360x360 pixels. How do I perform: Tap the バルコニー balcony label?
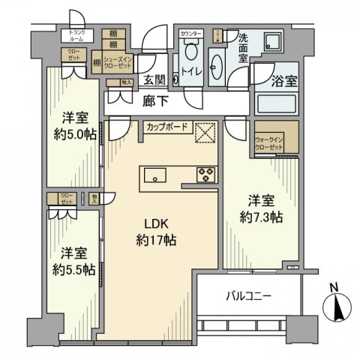[248, 296]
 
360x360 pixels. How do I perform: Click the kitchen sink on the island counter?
[158, 176]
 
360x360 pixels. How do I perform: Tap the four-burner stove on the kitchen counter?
[205, 175]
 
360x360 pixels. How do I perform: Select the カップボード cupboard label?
[166, 127]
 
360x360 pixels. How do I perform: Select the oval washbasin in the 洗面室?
[219, 66]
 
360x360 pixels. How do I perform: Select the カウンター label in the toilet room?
[189, 34]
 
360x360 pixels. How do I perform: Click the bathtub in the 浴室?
[277, 103]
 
